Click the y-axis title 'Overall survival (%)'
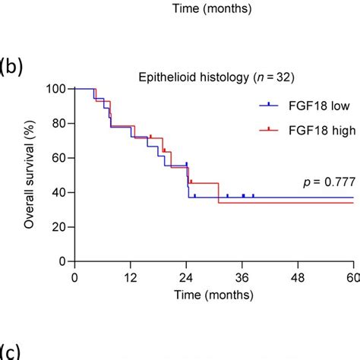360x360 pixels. pos(29,175)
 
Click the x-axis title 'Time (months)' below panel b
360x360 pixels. pos(213,292)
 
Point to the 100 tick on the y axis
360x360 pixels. pos(55,89)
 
